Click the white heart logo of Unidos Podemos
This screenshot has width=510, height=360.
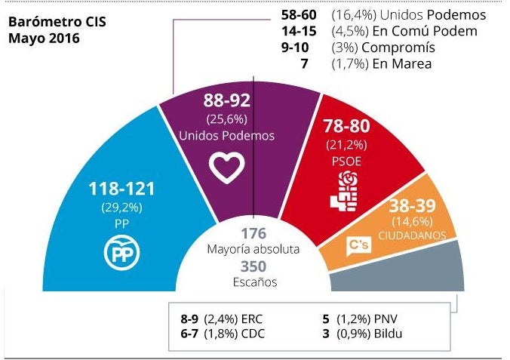coord(228,167)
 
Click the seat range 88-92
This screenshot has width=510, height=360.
coord(227,101)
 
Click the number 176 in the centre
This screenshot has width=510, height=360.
coord(253,233)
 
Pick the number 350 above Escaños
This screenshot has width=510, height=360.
coord(253,266)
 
